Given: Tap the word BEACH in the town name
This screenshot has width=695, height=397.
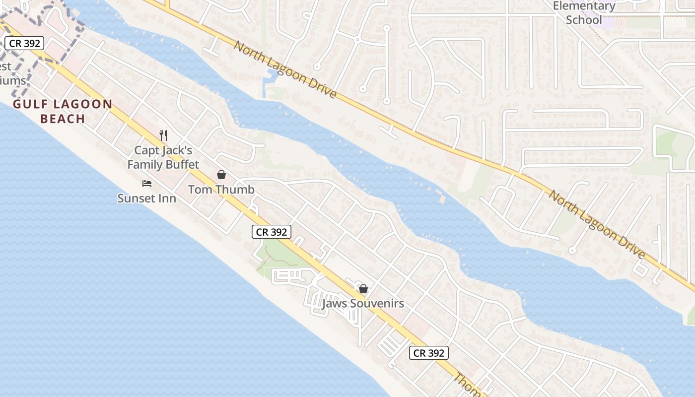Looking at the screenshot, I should pos(63,119).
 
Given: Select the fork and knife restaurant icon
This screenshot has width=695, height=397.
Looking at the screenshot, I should pos(163,135).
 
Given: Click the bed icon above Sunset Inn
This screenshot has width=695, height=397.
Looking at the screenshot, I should pos(147,184).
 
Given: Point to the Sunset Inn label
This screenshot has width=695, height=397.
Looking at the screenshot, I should pos(146,198).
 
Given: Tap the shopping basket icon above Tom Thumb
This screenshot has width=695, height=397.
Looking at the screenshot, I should pos(221,175).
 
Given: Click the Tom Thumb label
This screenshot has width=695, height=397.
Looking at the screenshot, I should pos(221,190).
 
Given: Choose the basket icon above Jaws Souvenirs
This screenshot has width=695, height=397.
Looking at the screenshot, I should pos(363,289).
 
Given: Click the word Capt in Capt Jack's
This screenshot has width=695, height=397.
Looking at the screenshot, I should pos(146,150).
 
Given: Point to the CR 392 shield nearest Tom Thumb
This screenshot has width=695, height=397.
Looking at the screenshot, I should pos(271,232).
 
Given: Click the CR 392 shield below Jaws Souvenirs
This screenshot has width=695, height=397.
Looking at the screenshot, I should pos(429,353).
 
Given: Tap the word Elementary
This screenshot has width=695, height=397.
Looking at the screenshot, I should pos(584,6).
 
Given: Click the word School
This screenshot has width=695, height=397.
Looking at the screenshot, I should pos(584,20).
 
